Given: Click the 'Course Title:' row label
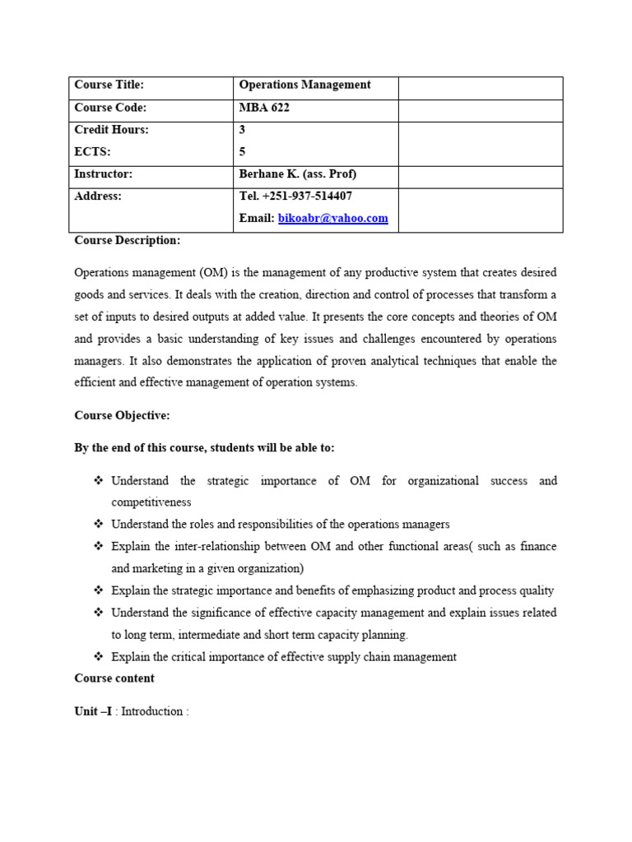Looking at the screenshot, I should (x=109, y=85).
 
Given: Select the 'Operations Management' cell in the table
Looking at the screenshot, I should (x=304, y=85).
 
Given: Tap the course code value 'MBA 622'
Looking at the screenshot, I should (x=264, y=108).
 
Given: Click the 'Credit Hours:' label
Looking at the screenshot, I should (x=111, y=130).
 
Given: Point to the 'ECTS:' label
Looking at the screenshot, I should (x=92, y=151).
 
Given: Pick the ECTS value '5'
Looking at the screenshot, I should (x=242, y=151).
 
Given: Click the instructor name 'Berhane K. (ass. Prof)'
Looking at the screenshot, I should (x=297, y=174).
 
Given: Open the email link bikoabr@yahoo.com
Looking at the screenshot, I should (x=332, y=218).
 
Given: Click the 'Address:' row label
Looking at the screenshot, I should (x=97, y=196).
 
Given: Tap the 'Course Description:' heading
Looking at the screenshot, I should (x=127, y=240).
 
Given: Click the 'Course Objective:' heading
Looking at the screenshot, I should (x=122, y=415).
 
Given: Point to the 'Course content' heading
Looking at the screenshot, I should (x=114, y=678).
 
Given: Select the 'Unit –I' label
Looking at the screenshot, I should (x=93, y=711).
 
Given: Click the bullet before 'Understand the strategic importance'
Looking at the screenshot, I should (x=98, y=480).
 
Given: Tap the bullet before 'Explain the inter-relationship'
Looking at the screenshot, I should (x=98, y=546).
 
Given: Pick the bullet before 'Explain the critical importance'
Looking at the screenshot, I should (x=98, y=656).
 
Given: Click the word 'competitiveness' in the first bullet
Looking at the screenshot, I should (x=151, y=502).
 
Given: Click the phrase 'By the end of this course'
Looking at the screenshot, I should (x=141, y=447).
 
